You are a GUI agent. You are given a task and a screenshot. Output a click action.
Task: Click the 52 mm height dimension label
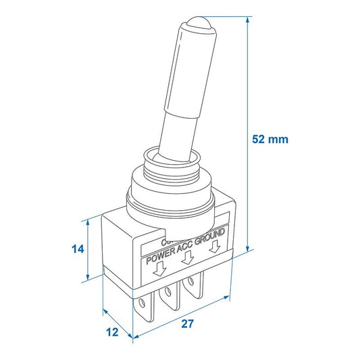click(x=269, y=140)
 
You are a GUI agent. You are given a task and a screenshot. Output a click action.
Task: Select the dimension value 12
click(x=112, y=332)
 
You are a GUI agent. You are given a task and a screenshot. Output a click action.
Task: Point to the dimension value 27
click(x=188, y=324)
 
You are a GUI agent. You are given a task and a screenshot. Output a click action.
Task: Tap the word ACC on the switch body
click(x=185, y=251)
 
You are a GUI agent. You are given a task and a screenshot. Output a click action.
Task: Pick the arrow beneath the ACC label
click(x=189, y=258)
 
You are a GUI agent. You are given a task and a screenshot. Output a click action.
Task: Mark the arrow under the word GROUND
click(x=217, y=247)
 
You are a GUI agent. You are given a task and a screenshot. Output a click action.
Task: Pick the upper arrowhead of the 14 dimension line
click(x=89, y=222)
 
